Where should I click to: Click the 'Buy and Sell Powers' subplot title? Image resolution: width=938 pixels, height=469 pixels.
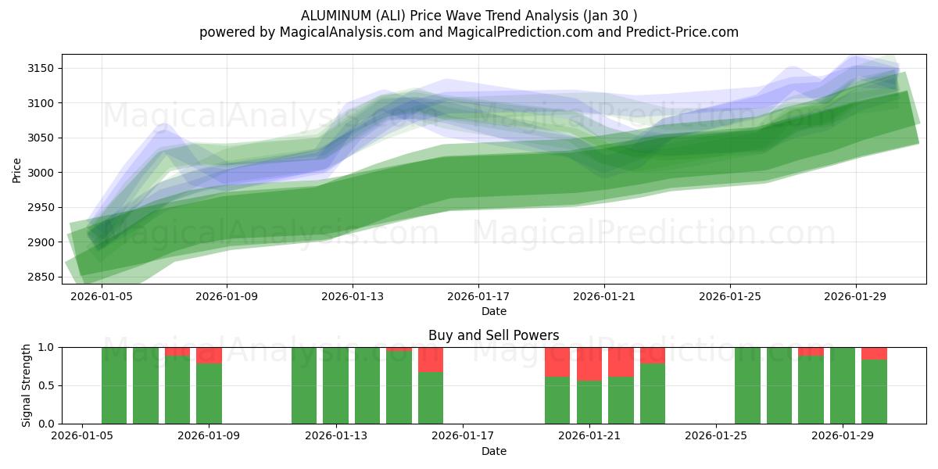[493, 335]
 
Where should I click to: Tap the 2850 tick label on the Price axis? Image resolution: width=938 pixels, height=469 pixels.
[41, 277]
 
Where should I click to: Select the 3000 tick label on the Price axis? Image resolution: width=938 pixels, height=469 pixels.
[41, 173]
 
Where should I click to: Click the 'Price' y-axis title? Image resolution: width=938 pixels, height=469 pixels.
[17, 169]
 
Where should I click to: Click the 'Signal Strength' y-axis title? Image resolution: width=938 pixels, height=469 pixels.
[27, 385]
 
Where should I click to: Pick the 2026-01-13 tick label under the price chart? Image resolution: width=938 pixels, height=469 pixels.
[353, 296]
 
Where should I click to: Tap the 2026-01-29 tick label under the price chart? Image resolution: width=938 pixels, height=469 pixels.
[855, 296]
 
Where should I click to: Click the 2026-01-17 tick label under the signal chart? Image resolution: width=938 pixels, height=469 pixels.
[462, 436]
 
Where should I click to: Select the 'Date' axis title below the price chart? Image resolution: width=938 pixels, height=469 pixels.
[493, 311]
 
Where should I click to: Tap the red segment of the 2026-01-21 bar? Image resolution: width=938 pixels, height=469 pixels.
[589, 363]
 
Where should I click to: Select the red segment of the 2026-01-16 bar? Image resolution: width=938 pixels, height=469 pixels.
[431, 359]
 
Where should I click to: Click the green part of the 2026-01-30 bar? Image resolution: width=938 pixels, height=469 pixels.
[874, 391]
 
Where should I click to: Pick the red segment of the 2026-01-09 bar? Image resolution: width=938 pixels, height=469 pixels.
[209, 355]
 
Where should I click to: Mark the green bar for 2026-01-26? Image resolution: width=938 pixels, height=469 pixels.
[747, 385]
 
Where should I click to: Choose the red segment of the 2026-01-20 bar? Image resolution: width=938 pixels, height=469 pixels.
[557, 361]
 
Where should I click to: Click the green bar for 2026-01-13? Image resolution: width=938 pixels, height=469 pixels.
[335, 385]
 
